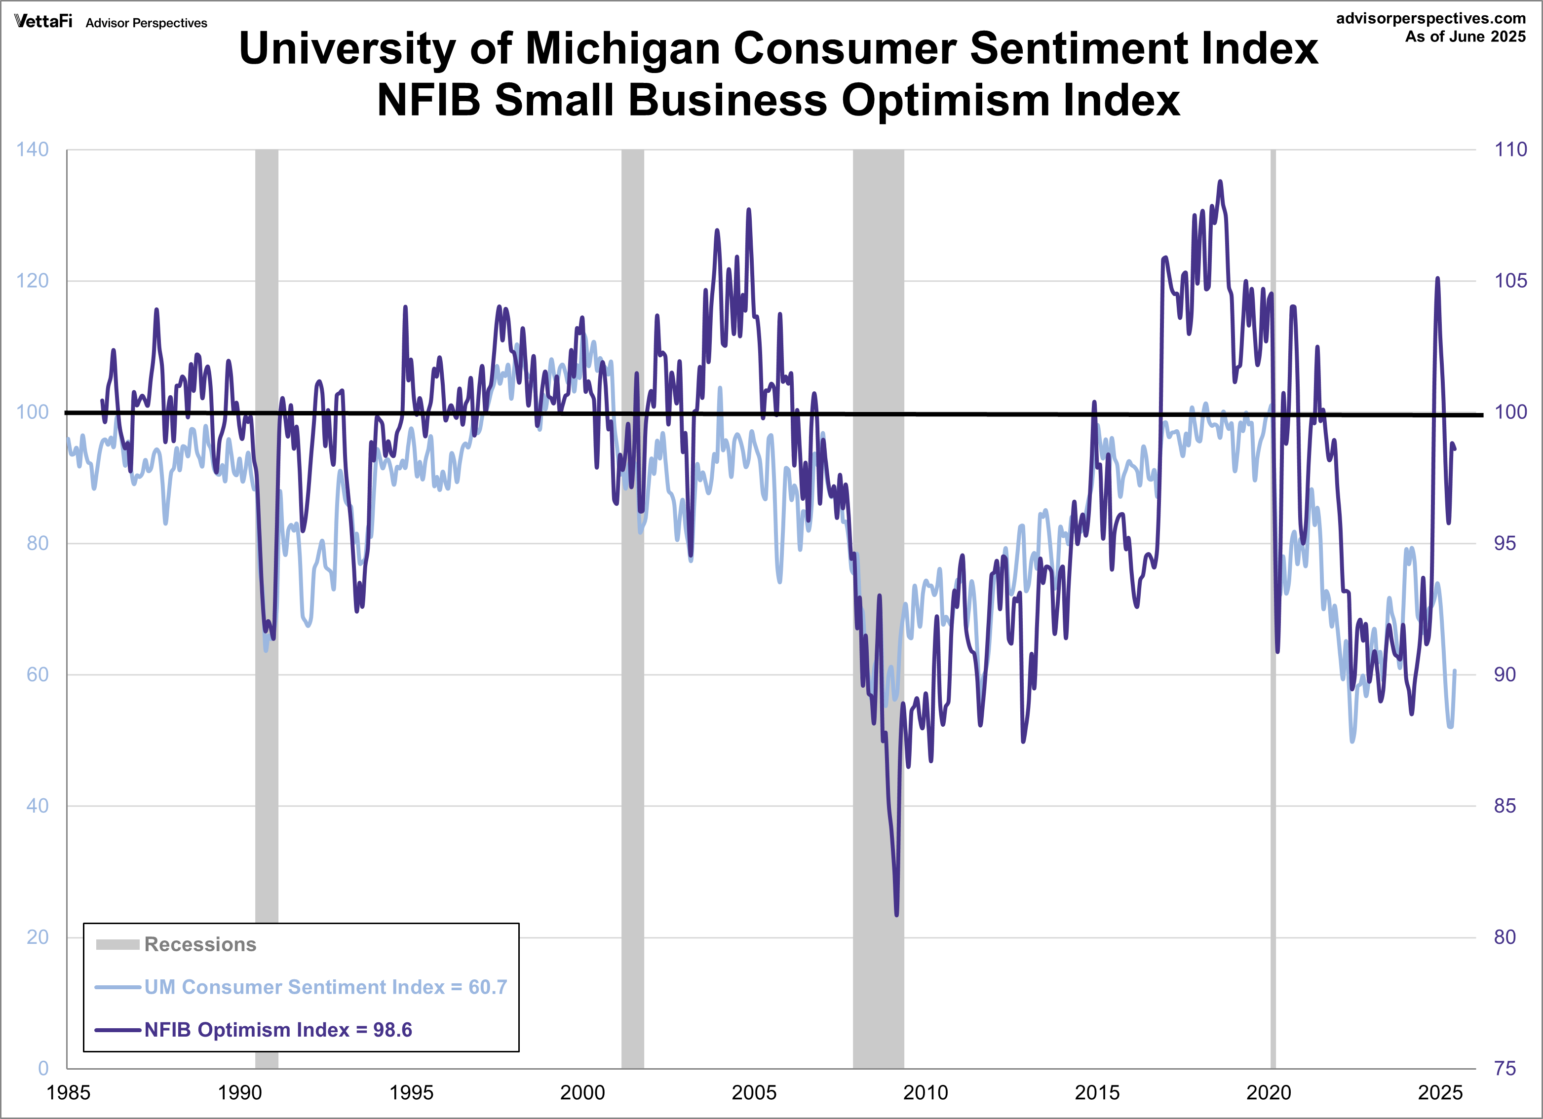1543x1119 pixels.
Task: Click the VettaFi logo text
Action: pos(43,21)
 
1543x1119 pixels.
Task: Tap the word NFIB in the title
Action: pos(428,100)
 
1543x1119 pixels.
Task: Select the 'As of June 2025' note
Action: pos(1466,37)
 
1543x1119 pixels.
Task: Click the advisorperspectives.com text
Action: pos(1431,18)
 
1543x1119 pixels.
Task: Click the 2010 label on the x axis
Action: pos(925,1092)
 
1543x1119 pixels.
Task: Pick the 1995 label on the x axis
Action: pos(410,1092)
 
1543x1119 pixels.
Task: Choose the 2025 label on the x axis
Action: pos(1439,1092)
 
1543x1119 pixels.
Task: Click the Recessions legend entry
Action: pos(199,944)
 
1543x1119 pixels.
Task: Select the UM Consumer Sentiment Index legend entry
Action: pos(325,987)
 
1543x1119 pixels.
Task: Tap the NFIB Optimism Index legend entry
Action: pos(277,1030)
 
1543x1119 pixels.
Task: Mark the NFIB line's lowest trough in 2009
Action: pos(897,914)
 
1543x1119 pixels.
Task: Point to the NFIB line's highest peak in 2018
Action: pos(1220,182)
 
